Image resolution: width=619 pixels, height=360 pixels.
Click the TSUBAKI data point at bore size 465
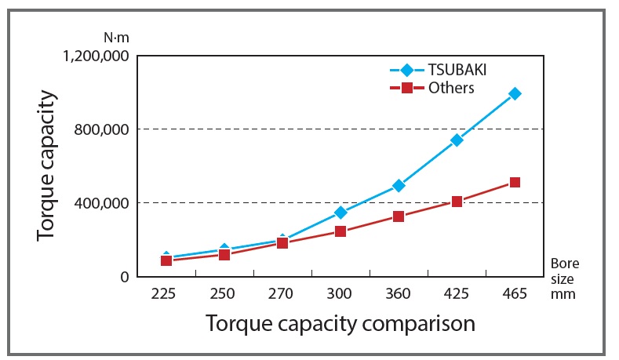pos(515,93)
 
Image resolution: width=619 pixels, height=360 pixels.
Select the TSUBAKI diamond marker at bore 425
pos(457,140)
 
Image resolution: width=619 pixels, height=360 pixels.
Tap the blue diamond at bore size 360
pos(399,186)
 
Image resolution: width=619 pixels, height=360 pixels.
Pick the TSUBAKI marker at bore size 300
pos(340,213)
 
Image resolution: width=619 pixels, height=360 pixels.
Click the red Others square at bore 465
pos(515,182)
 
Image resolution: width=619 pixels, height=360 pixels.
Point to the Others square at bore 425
pos(457,202)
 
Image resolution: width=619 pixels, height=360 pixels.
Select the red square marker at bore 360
pos(399,216)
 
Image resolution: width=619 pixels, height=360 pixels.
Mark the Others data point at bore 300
pos(340,231)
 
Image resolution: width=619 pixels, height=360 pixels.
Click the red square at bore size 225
pos(166,260)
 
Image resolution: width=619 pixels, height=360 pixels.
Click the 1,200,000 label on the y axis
pos(93,56)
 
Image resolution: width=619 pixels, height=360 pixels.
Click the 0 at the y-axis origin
pos(124,276)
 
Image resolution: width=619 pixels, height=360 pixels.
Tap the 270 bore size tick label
pos(281,294)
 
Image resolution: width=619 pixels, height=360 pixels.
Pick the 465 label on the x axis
pos(515,294)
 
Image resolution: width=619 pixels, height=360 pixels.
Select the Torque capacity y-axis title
pos(48,166)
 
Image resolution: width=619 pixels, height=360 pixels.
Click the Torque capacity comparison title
pos(340,323)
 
